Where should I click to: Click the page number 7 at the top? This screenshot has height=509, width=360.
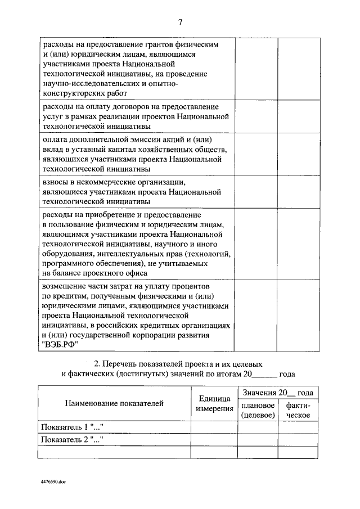180,22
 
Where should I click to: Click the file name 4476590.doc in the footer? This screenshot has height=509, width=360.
53,483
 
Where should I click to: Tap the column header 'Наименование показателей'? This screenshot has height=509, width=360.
114,403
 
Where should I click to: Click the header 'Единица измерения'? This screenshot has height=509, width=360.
214,403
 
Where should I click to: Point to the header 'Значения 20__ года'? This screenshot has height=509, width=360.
278,393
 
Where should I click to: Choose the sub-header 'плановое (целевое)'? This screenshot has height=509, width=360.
258,410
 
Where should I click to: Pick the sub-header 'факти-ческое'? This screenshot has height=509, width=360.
298,410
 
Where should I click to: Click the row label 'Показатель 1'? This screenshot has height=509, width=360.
72,427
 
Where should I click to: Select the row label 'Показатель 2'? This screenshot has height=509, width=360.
72,439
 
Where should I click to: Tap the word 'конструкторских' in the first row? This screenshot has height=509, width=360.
70,93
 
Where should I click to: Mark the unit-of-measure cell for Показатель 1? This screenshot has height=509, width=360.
214,427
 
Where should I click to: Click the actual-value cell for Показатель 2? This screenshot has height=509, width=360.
298,439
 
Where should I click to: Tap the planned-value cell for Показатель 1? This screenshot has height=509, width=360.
258,427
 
